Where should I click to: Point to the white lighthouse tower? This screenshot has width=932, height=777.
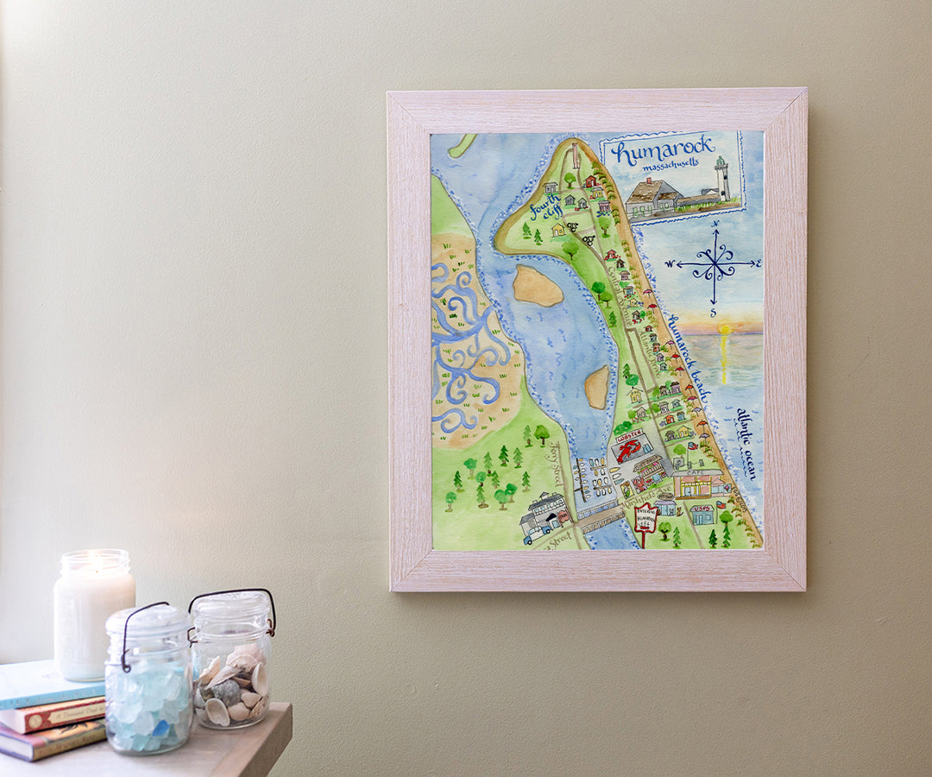point(721,179)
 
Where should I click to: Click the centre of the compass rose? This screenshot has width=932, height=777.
point(715,264)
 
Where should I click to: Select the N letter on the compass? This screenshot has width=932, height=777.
point(715,224)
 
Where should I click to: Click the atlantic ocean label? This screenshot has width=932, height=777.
point(745,444)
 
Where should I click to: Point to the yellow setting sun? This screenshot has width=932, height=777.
point(724,329)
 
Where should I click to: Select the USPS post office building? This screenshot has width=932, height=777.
point(702,515)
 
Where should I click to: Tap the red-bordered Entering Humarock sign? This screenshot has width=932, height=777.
point(645,519)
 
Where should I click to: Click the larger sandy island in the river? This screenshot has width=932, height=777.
point(538,286)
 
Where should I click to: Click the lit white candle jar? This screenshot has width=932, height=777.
point(93,615)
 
